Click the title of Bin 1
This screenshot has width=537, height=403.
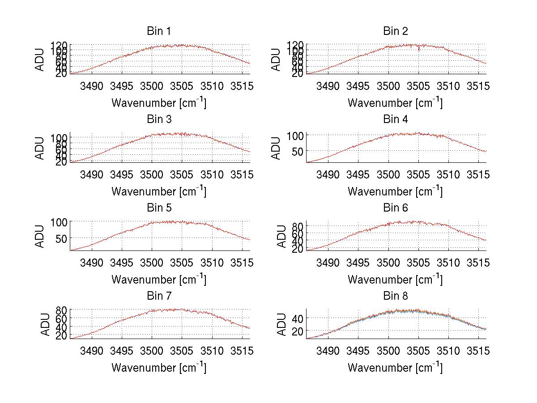pyautogui.click(x=159, y=31)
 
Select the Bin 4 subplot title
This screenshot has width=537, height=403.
pyautogui.click(x=396, y=119)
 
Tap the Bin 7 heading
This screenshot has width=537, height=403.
pyautogui.click(x=159, y=296)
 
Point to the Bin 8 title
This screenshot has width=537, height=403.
pyautogui.click(x=396, y=296)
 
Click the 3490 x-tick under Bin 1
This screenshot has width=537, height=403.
pyautogui.click(x=92, y=86)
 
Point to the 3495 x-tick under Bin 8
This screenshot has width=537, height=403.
pyautogui.click(x=358, y=351)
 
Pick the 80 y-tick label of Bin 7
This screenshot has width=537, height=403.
pyautogui.click(x=62, y=310)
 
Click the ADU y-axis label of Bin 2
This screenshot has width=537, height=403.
pyautogui.click(x=276, y=59)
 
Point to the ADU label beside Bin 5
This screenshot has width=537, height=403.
pyautogui.click(x=40, y=236)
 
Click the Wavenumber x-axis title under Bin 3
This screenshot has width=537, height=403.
pyautogui.click(x=159, y=191)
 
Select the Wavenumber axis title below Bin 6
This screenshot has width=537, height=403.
pyautogui.click(x=396, y=279)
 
